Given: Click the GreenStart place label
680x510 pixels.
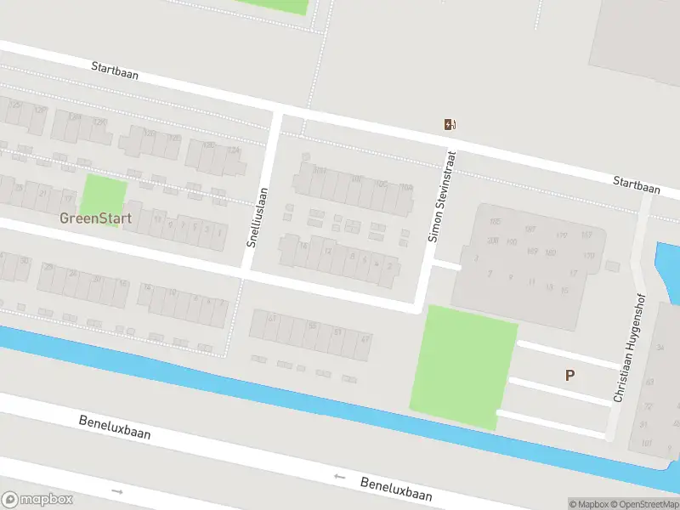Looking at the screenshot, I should coord(95,218).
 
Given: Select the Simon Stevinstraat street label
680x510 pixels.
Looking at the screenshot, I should coord(442,197).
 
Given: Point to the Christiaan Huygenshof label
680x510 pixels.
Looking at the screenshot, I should coord(630,348).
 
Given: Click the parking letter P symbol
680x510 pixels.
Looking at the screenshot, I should coord(569,375).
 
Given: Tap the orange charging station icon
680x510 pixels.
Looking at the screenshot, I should coord(449,125).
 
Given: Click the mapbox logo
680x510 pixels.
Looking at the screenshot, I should coord(37,500).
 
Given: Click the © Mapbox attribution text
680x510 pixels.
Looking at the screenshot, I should coord(586,504).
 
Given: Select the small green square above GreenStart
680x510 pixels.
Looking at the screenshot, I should coord(104,195).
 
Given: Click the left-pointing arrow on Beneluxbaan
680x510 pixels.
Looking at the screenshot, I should coord(340,477).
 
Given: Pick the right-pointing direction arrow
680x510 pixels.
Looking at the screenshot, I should coord(117,491).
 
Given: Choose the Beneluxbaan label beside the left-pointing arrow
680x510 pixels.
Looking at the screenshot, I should coord(396,489).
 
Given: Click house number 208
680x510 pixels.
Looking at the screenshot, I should coord(492,241).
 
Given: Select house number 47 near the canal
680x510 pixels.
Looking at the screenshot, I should coord(365,339).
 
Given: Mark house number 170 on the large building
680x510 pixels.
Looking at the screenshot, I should coord(588,255).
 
